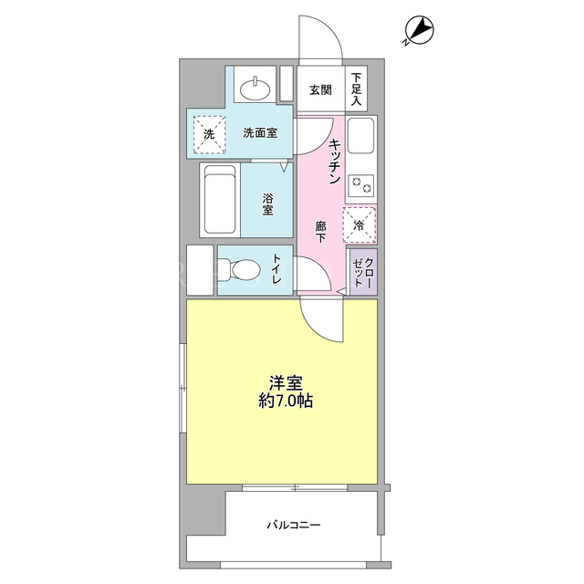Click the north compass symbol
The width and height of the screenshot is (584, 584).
pos(420,30)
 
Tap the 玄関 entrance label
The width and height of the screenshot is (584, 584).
pos(320,90)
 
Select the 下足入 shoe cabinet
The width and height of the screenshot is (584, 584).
pos(357,89)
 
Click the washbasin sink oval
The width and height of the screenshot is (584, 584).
pos(255,89)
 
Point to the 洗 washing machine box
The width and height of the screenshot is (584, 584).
pos(209,134)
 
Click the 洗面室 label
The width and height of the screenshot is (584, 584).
pos(260,132)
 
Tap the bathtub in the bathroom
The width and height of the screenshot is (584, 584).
pos(220,200)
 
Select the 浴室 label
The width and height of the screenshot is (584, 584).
pos(267,204)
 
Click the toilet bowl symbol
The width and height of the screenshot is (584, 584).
pos(239,269)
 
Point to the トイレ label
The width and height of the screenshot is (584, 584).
pos(276,269)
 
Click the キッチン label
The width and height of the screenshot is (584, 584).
pos(335,161)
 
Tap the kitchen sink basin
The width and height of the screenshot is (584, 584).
pos(360,135)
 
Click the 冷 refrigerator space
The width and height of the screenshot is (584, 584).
pos(360,225)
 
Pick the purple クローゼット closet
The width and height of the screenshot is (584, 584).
pos(363,272)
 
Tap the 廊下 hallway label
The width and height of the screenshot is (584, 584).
pos(320,232)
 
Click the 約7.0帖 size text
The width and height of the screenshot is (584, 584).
pos(286,401)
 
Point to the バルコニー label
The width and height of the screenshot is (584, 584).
pos(294,526)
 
